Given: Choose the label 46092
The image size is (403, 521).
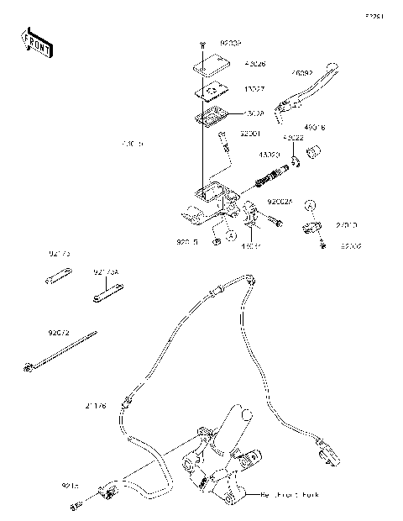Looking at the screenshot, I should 303,73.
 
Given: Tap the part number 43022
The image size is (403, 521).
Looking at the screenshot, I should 293,139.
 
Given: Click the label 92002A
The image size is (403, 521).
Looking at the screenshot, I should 280,202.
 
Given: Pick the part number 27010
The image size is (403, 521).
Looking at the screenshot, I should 348,226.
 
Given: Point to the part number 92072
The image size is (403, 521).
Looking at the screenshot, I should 59,333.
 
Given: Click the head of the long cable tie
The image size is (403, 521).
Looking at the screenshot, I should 29,366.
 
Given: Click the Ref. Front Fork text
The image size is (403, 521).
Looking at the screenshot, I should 290,494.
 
